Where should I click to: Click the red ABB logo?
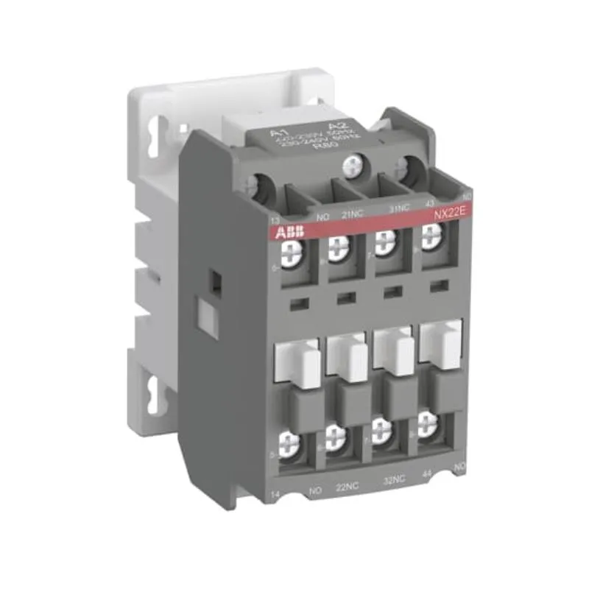[288, 233]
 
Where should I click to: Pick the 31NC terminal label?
[398, 208]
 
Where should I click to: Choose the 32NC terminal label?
[394, 479]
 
